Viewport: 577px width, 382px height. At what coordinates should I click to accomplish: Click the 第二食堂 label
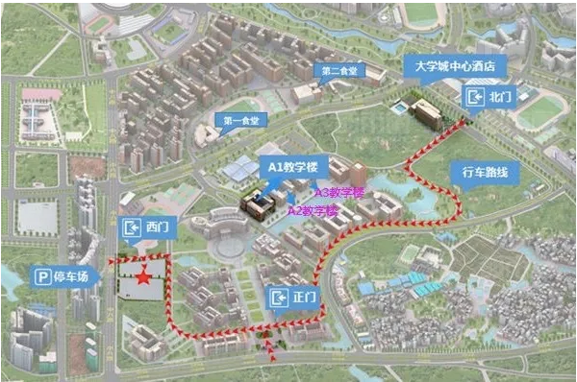343,70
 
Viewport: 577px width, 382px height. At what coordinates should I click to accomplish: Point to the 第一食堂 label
241,120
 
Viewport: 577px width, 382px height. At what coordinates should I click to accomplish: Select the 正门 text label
304,298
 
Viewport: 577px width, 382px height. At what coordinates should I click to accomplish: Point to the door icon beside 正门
278,298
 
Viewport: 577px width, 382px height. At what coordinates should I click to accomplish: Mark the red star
142,278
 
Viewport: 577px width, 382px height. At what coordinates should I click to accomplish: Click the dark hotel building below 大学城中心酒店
429,114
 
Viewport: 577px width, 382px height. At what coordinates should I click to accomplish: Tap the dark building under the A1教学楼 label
258,202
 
